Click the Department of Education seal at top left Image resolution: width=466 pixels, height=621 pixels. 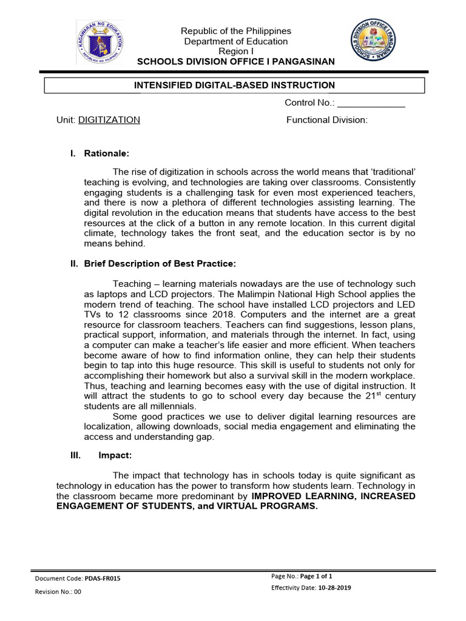point(100,42)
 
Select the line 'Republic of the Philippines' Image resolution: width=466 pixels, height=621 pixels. point(237,31)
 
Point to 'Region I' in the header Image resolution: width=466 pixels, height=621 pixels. point(237,52)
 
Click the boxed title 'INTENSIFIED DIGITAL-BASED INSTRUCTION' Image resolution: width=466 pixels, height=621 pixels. point(234,85)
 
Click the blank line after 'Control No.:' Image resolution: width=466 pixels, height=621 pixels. point(371,103)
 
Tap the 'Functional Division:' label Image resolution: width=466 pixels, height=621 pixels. point(327,120)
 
